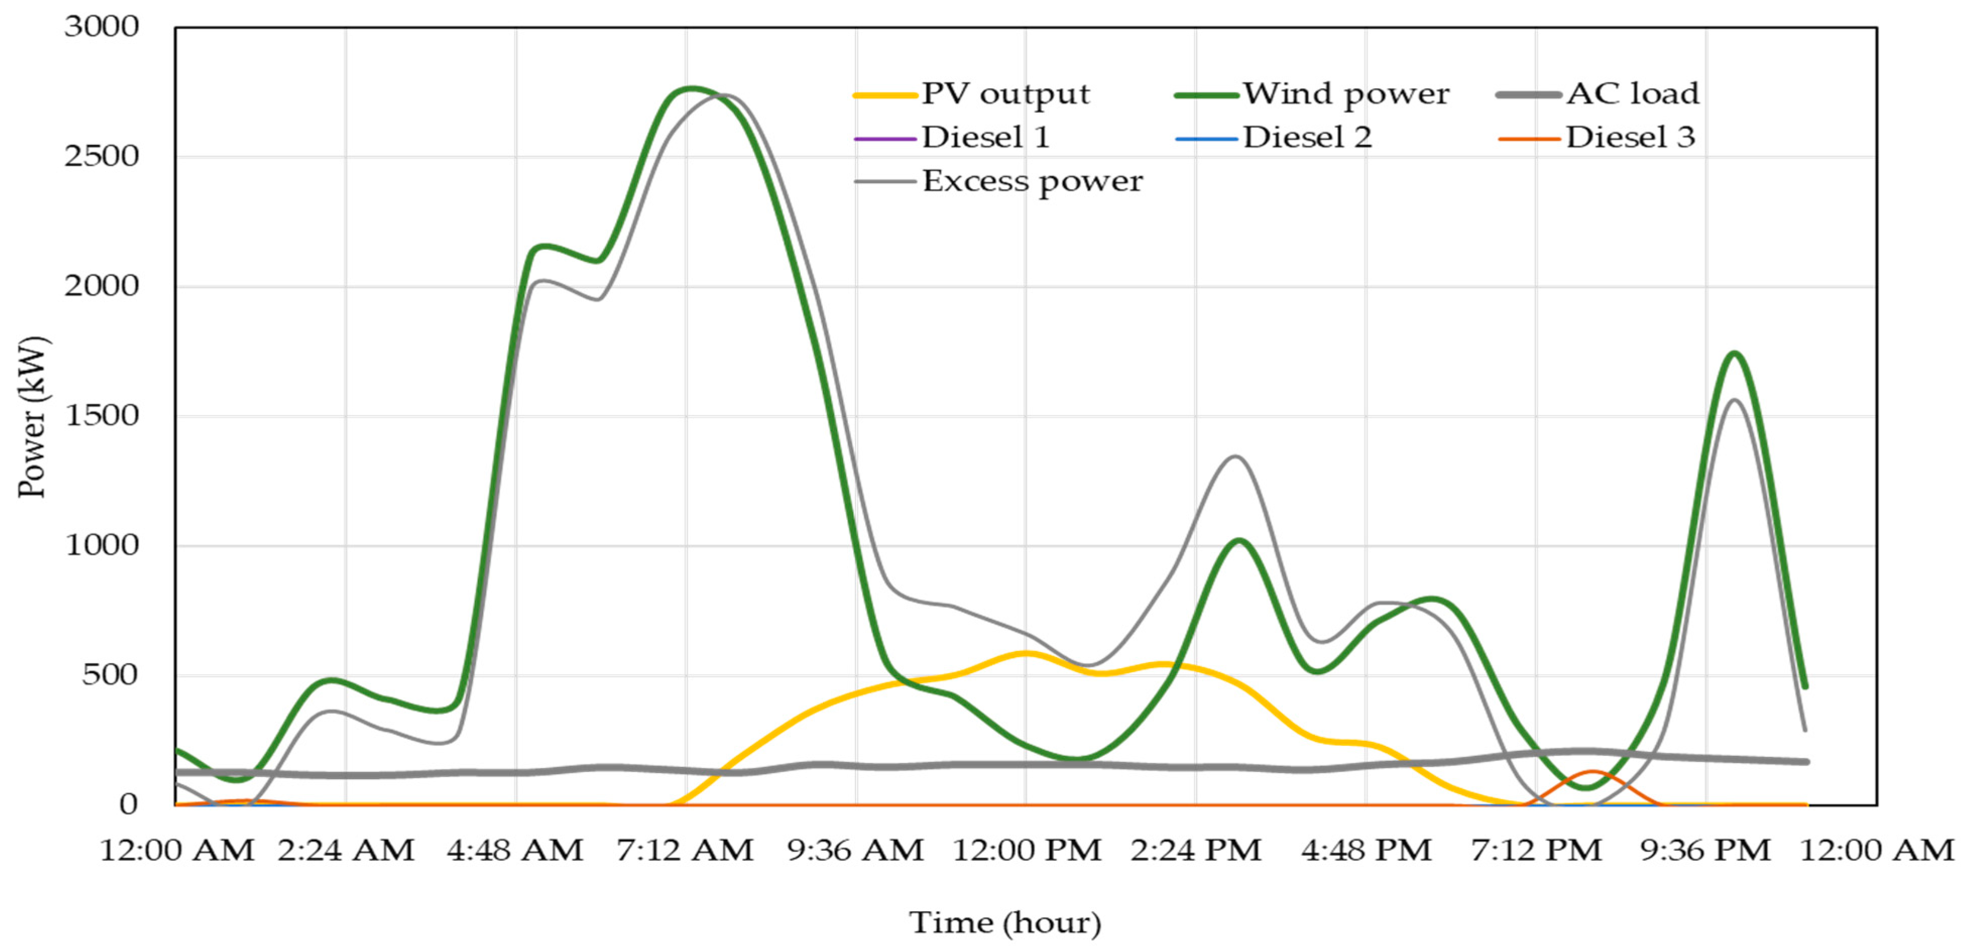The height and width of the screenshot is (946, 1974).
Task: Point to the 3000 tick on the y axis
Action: point(101,27)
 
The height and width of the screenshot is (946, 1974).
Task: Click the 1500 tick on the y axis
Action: point(101,416)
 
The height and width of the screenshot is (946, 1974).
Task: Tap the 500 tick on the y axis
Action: point(109,675)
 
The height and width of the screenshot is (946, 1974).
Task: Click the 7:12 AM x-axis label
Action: point(685,850)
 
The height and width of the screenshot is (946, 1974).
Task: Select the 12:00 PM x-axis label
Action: point(1026,850)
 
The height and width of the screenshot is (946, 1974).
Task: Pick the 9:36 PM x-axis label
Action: point(1706,850)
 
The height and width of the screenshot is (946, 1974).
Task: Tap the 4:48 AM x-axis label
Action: point(515,850)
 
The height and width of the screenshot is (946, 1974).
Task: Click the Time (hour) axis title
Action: point(1004,922)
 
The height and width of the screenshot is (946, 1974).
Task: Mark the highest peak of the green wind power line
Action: point(691,89)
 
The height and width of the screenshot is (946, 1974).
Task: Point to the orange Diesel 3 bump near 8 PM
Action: point(1592,772)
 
